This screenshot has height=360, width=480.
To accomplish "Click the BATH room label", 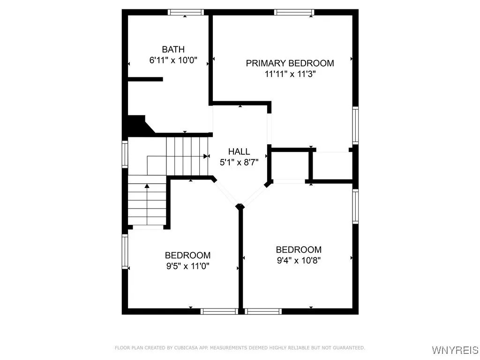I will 173,49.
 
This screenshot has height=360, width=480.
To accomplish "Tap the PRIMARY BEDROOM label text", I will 290,63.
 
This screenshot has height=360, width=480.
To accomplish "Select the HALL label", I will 239,151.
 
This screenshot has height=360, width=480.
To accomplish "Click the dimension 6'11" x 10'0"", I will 173,60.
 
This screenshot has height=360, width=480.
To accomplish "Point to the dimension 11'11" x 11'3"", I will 290,74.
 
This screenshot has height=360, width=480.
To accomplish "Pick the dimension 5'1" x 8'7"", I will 239,162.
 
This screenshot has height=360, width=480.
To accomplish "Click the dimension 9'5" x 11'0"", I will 187,266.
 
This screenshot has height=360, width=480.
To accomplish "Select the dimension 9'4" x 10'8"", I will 299,261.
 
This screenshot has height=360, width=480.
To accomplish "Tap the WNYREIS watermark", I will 455,350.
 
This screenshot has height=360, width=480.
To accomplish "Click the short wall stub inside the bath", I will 145,79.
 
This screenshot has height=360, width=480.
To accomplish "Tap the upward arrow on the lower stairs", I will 147,186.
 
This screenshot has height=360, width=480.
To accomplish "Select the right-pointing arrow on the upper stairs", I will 206,156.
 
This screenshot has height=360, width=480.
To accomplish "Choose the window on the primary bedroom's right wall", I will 355,125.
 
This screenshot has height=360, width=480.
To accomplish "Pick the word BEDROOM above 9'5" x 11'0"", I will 187,255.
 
